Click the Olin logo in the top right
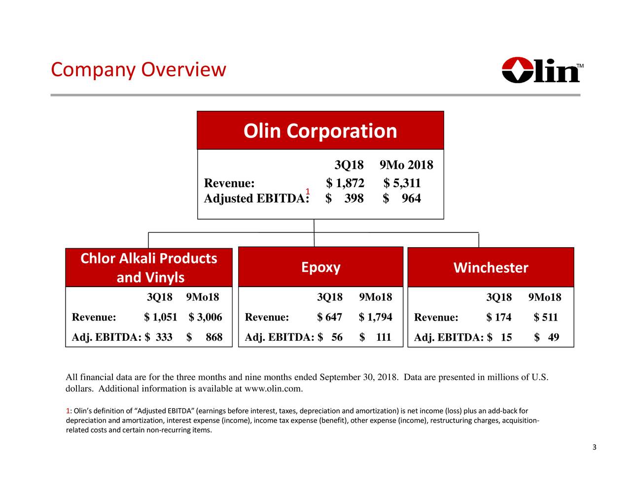coord(542,70)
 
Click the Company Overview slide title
coord(138,70)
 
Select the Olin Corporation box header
coord(320,131)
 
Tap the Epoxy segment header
coord(320,267)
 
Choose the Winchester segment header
coord(491,268)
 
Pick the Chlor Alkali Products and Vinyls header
coord(149,268)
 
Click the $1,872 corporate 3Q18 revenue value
coord(345,184)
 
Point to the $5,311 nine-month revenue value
coord(402,184)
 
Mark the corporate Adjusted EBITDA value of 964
coord(410,198)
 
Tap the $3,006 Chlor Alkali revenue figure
coord(205,317)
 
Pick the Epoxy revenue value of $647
coord(330,317)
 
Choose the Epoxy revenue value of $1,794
coord(376,317)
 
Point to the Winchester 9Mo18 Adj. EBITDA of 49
coord(553,338)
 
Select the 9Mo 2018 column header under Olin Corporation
coord(407,165)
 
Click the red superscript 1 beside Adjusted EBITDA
coord(307,192)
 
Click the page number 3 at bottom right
coord(594,448)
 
